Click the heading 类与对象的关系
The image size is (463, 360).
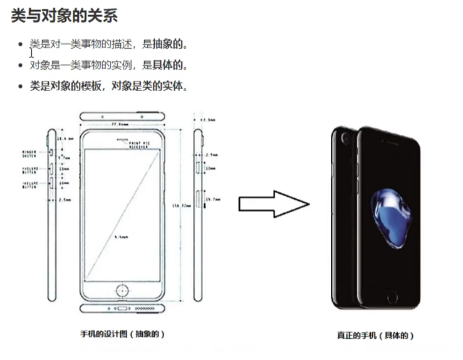64,15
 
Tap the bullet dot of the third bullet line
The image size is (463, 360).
21,87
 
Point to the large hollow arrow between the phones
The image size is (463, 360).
273,204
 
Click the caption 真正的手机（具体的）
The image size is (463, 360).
375,336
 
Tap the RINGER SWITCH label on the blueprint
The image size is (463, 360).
29,152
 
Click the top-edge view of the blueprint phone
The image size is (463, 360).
123,117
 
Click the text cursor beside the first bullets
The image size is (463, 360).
31,53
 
